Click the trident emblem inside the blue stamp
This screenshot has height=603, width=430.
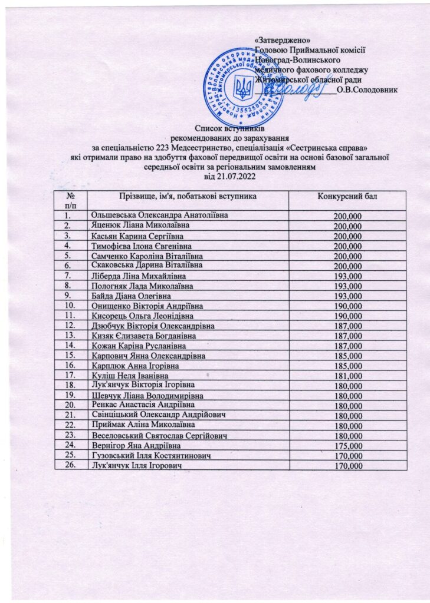pos(242,88)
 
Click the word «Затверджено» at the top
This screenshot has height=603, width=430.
pos(278,39)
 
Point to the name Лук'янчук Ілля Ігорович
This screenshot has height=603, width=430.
pos(136,466)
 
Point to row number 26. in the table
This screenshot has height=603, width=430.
pos(70,466)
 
